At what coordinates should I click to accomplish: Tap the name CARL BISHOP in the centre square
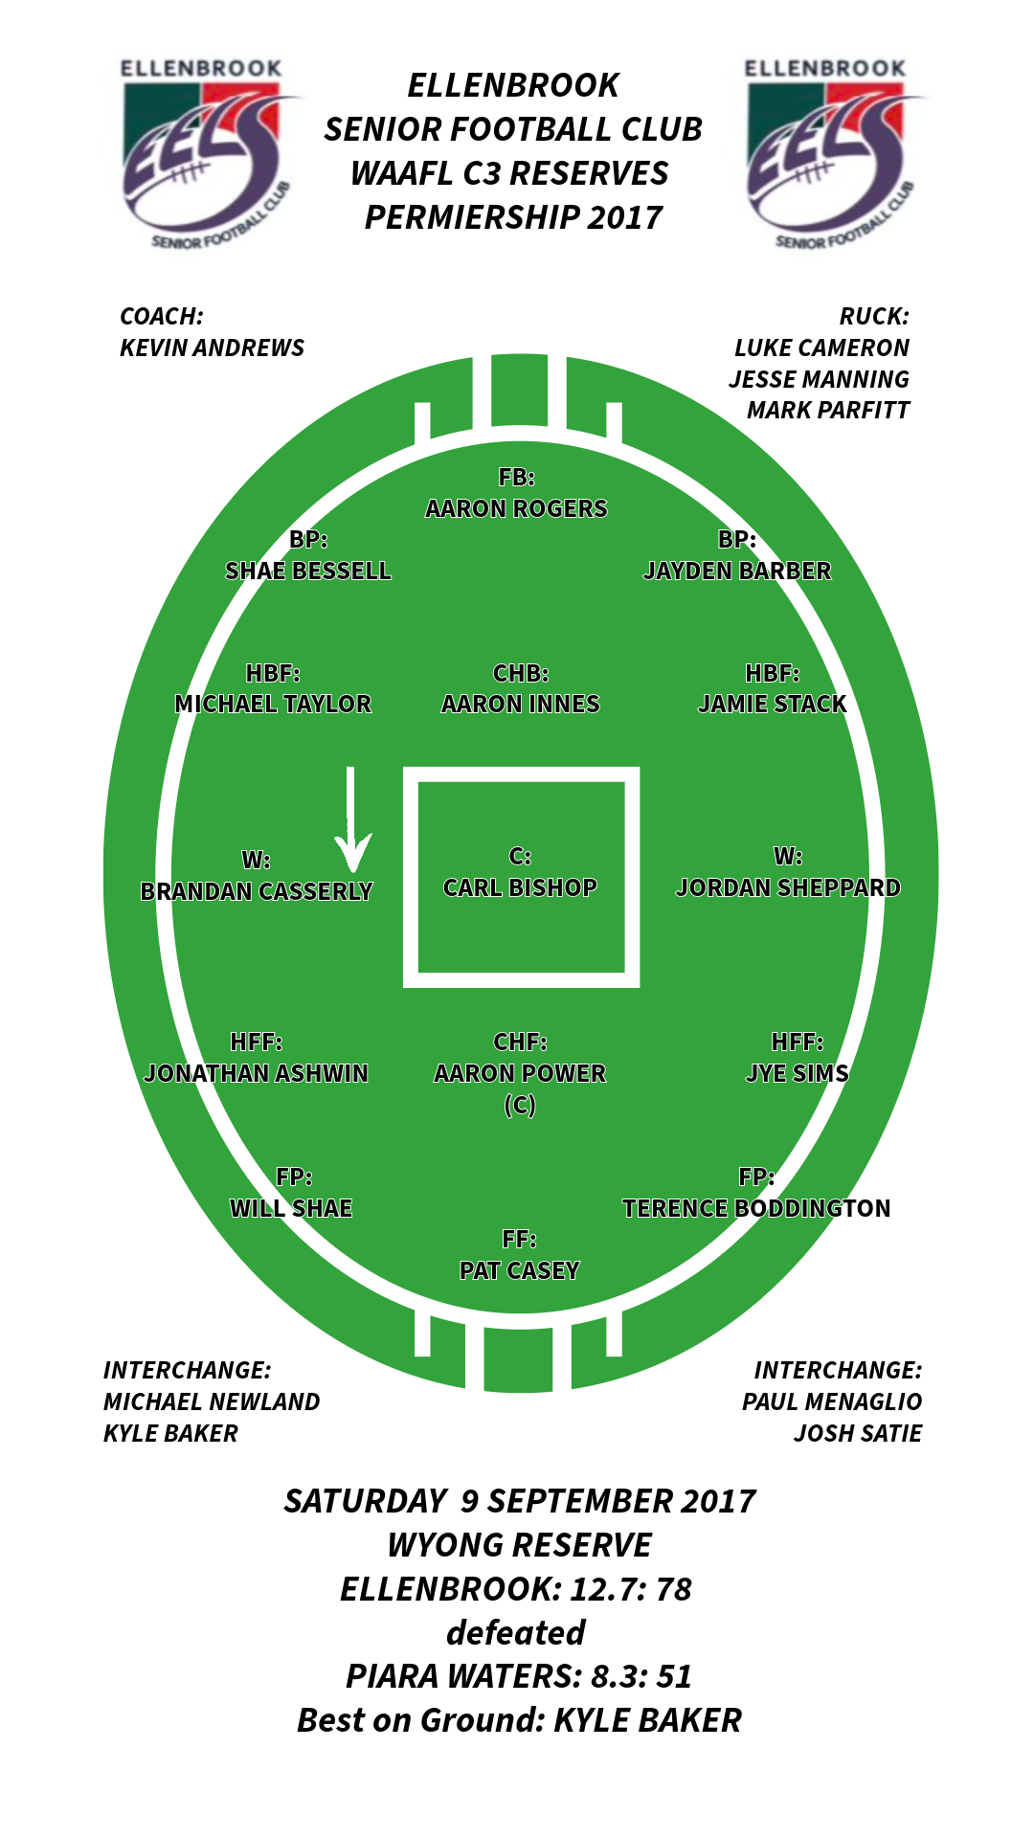(x=520, y=887)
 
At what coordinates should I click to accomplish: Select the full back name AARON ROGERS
(x=516, y=508)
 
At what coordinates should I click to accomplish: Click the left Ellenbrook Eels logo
(x=203, y=154)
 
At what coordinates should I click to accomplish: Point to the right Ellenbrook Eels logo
(x=828, y=154)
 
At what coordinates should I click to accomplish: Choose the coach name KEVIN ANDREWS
(x=212, y=347)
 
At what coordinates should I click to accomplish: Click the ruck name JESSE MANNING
(x=819, y=379)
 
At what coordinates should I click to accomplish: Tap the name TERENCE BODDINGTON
(x=756, y=1208)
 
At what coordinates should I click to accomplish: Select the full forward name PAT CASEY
(x=519, y=1270)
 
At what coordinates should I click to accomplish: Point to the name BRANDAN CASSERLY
(x=256, y=891)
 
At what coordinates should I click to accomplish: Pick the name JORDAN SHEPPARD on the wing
(x=788, y=887)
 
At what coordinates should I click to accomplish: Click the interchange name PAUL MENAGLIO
(x=831, y=1401)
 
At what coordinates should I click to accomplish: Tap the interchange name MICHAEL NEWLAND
(x=212, y=1401)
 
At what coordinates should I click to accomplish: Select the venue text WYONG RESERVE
(x=519, y=1545)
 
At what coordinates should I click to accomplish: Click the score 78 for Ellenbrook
(x=674, y=1589)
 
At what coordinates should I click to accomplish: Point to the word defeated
(x=516, y=1633)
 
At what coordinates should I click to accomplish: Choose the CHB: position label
(x=520, y=673)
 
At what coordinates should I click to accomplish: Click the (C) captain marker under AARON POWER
(x=519, y=1106)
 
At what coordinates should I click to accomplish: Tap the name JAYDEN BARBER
(x=736, y=571)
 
